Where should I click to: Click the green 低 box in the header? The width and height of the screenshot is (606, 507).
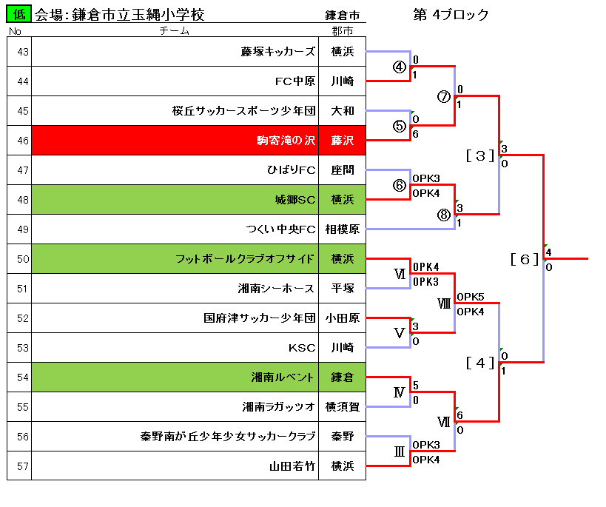[x=18, y=14]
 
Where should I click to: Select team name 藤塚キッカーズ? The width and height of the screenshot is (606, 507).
[x=278, y=51]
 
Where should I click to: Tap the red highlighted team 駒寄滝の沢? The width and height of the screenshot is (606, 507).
[x=286, y=140]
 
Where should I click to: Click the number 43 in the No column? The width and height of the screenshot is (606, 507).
[x=23, y=52]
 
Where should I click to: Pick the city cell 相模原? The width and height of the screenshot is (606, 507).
[x=343, y=229]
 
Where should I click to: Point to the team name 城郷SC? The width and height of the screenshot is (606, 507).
[x=295, y=200]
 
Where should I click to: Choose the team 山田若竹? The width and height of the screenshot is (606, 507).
[x=292, y=466]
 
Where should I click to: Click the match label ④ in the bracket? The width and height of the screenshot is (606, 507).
[x=400, y=67]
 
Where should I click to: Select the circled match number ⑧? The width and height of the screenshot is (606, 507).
[x=444, y=215]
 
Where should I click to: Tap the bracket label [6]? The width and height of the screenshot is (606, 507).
[x=525, y=259]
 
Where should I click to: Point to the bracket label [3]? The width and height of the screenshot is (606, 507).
[x=480, y=156]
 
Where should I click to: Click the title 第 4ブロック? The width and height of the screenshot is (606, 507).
[x=451, y=15]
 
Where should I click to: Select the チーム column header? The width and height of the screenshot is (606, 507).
[x=175, y=30]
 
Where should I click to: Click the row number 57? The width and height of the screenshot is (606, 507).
[x=23, y=466]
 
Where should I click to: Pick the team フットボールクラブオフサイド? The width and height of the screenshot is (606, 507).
[x=245, y=259]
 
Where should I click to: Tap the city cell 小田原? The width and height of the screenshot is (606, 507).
[x=343, y=318]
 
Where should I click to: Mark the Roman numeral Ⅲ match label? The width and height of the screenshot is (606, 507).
[x=400, y=451]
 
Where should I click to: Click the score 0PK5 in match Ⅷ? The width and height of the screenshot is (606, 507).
[x=471, y=297]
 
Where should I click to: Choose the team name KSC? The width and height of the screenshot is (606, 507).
[x=302, y=348]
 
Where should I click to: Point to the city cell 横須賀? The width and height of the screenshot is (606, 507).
[x=343, y=407]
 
